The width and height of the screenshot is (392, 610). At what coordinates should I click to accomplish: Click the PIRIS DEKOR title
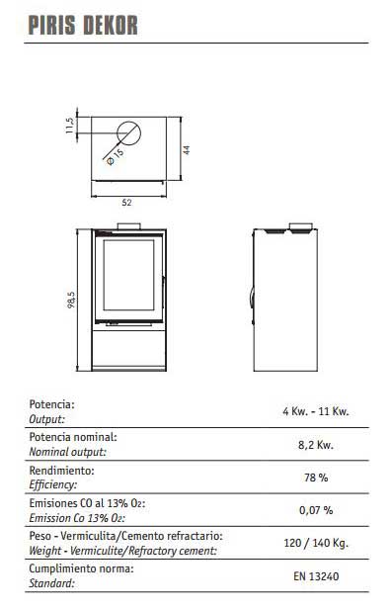(x=83, y=26)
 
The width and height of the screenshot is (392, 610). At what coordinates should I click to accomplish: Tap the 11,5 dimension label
(x=69, y=126)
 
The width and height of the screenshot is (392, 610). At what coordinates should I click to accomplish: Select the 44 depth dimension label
(x=187, y=149)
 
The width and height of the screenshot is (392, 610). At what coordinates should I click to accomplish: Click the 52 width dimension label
(x=126, y=203)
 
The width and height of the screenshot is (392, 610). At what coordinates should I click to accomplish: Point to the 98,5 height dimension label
(x=71, y=300)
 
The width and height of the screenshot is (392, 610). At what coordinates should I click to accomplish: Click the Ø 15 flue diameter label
(x=116, y=156)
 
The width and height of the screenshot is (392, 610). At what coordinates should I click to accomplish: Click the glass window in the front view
(x=128, y=275)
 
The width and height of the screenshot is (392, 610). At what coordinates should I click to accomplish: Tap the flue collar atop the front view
(x=129, y=226)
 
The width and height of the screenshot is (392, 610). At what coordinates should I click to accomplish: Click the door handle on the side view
(x=252, y=300)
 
